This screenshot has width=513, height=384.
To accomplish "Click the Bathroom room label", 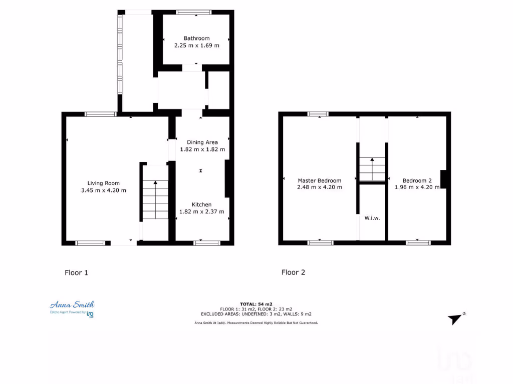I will click(196, 38).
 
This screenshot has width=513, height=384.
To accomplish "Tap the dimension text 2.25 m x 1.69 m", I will click(196, 45).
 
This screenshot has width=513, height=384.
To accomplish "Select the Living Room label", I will click(104, 183).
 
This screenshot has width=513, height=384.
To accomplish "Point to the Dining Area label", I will click(202, 142).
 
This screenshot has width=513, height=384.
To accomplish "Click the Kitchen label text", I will click(201, 204).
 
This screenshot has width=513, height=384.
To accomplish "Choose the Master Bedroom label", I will click(319, 180).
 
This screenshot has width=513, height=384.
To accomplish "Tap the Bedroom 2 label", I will click(417, 180).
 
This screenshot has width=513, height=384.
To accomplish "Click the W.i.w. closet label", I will click(371, 217).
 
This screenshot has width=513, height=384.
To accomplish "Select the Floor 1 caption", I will click(76, 272).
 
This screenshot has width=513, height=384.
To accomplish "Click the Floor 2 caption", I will click(293, 272).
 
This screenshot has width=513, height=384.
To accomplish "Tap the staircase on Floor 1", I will click(156, 200).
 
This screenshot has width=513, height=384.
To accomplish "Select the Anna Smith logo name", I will click(72, 304).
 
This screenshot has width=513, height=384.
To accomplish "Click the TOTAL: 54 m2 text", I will click(256, 304).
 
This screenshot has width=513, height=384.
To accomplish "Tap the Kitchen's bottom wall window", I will click(206, 243).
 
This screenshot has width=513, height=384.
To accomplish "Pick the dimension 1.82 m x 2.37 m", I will click(201, 211).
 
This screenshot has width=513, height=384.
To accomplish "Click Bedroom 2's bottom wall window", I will click(418, 243).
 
